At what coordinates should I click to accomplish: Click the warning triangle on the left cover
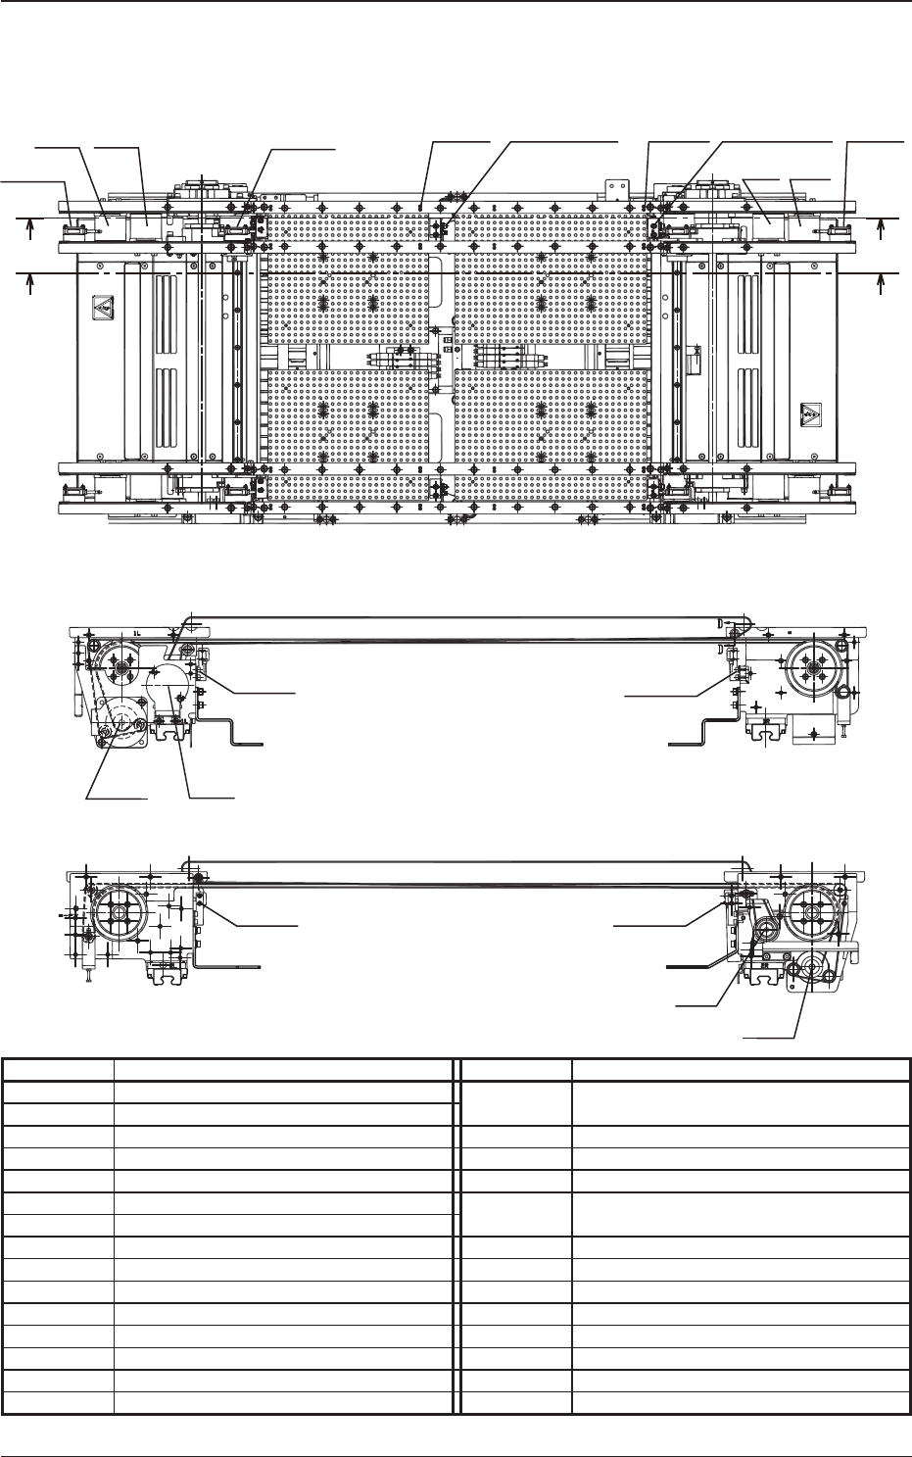pyautogui.click(x=102, y=308)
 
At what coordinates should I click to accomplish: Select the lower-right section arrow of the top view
pyautogui.click(x=883, y=281)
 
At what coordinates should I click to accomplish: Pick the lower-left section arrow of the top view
pyautogui.click(x=31, y=281)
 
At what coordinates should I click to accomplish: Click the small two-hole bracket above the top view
pyautogui.click(x=614, y=187)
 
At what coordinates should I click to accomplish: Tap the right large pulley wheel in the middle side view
pyautogui.click(x=810, y=666)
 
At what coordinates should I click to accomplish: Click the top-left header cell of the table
pyautogui.click(x=58, y=1069)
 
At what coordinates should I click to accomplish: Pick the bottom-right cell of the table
pyautogui.click(x=741, y=1404)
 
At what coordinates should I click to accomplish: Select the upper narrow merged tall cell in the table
pyautogui.click(x=516, y=1102)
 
